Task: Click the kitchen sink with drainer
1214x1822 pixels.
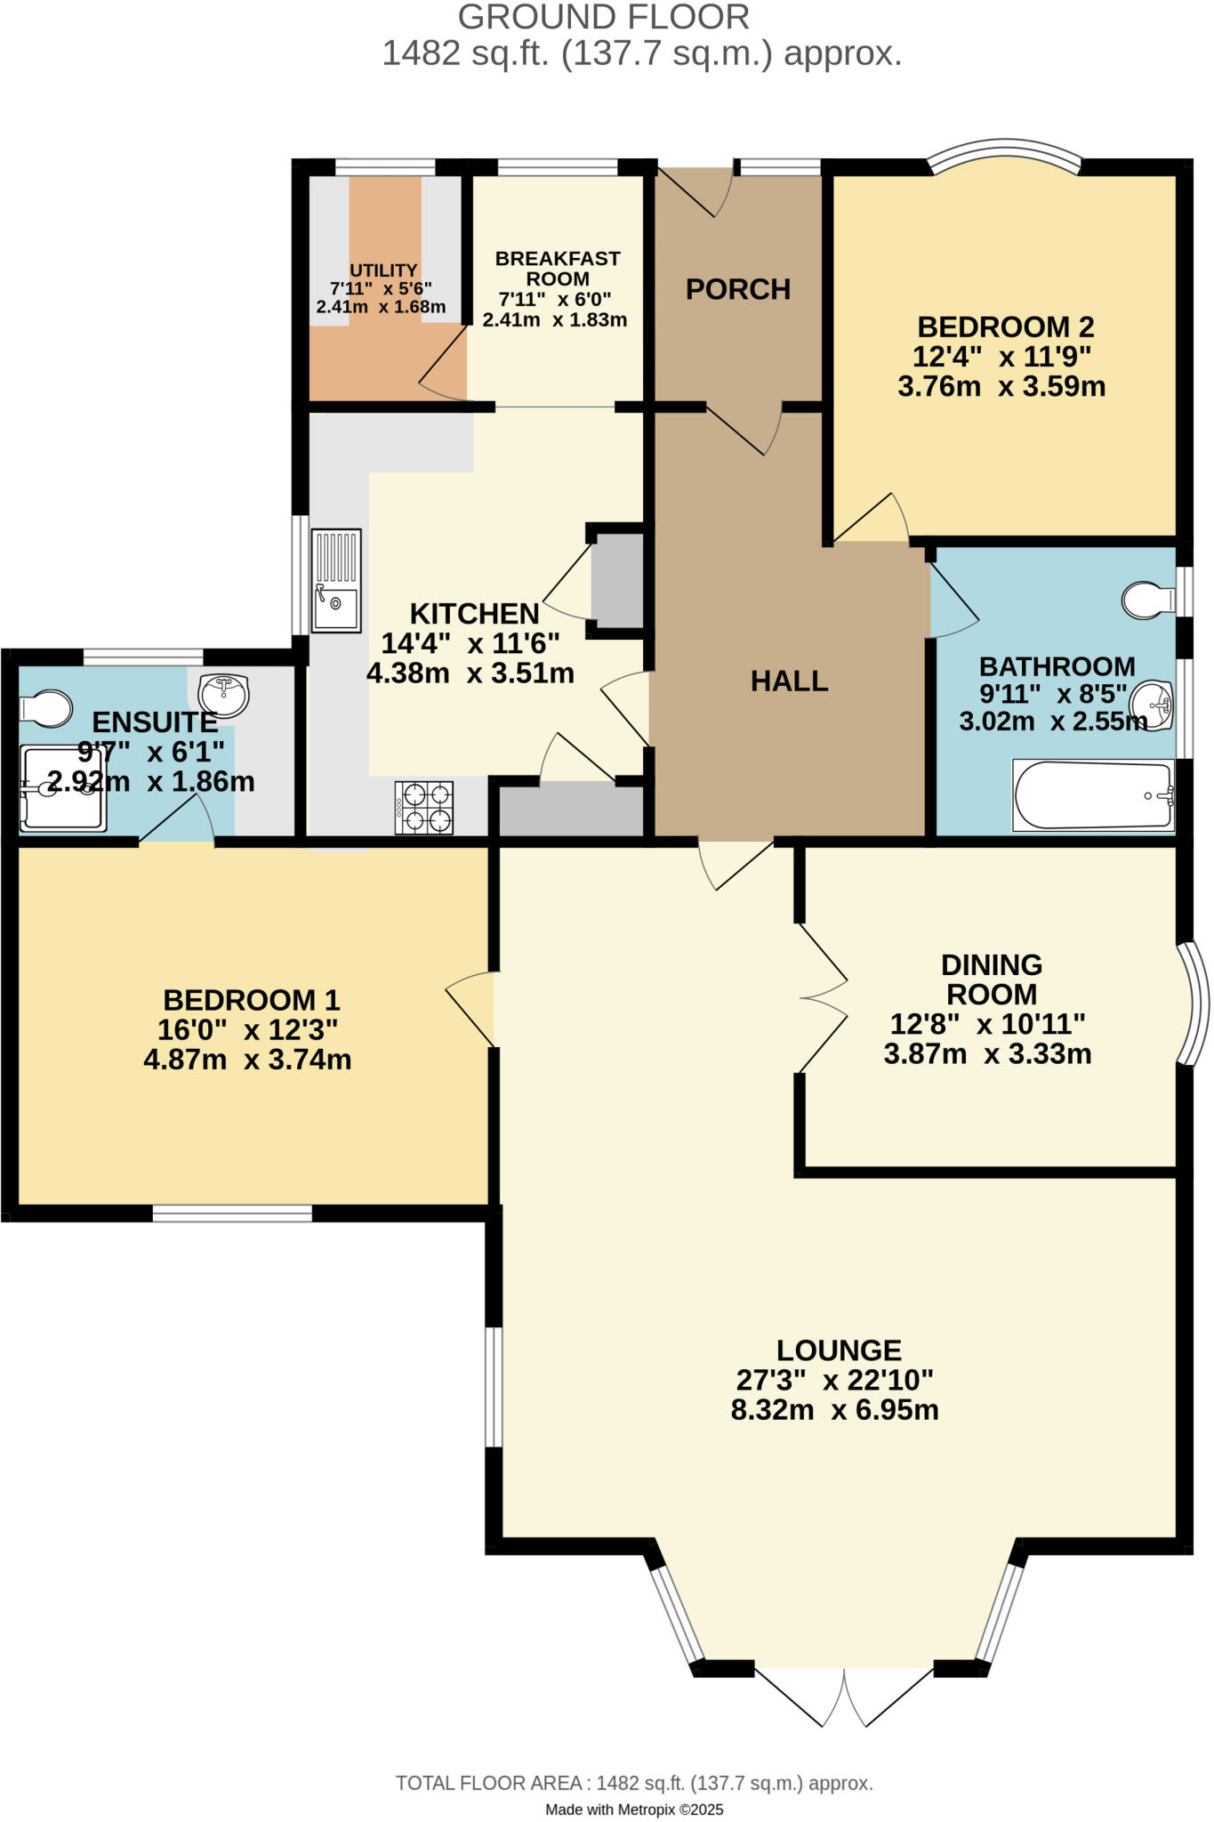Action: (x=336, y=580)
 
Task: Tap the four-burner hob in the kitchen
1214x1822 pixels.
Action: (x=424, y=808)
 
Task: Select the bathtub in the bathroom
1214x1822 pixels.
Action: (x=1093, y=794)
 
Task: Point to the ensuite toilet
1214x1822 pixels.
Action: (x=46, y=708)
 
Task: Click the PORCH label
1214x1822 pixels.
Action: (x=737, y=289)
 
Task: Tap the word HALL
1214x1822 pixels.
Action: (x=789, y=681)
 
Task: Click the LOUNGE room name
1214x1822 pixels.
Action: (x=839, y=1350)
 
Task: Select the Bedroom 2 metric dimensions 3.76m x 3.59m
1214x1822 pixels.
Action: (x=1001, y=387)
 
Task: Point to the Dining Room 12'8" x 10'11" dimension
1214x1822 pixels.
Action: (x=987, y=1024)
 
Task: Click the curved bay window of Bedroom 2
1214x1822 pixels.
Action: (x=1005, y=151)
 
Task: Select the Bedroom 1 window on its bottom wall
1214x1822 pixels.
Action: (x=232, y=1213)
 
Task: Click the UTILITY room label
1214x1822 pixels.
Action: (x=383, y=270)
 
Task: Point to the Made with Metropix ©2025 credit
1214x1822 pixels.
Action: (x=634, y=1810)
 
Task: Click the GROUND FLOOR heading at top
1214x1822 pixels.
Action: (x=604, y=17)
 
